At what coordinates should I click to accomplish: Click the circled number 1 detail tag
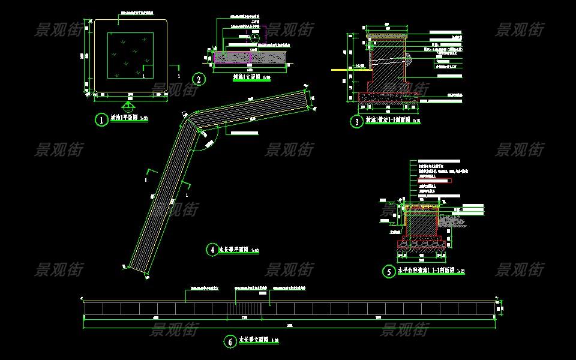102,119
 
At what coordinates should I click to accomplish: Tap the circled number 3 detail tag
358,122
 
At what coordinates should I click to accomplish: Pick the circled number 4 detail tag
212,250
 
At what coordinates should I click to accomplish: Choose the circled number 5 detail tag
389,271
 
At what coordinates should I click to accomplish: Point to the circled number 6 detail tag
230,341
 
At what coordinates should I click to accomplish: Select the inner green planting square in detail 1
130,56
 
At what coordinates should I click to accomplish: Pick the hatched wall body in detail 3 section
390,66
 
